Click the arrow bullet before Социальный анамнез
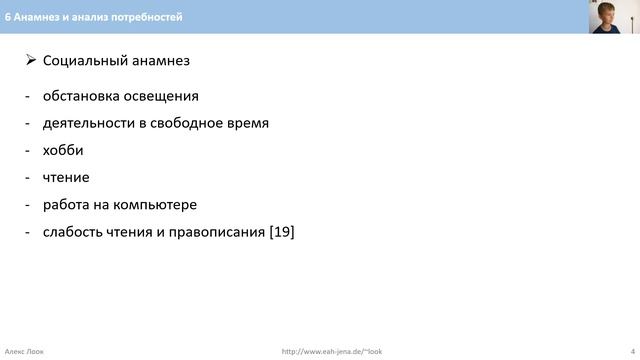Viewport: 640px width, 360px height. pos(30,61)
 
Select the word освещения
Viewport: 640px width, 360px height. pos(163,96)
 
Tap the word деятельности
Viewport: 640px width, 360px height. pos(90,123)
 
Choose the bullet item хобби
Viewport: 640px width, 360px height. pos(63,150)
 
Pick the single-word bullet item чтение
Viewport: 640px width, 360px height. pos(66,177)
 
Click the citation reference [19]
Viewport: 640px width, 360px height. pos(282,232)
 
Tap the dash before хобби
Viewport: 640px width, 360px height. pos(28,150)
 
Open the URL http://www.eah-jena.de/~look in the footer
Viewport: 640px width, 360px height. pos(332,351)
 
